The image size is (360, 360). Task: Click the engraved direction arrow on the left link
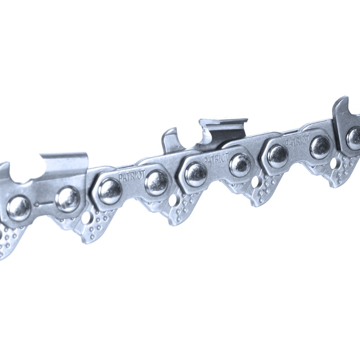(43, 203)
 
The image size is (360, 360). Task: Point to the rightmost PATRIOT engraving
(297, 140)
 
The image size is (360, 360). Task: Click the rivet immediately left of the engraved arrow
(19, 208)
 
